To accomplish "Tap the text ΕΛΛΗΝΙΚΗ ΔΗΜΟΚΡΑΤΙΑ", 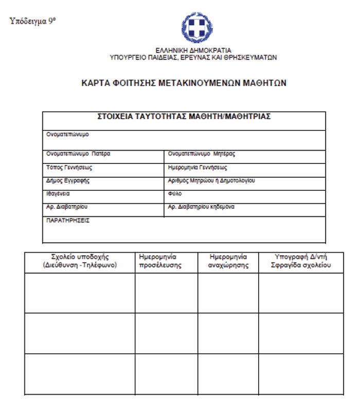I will pyautogui.click(x=193, y=50).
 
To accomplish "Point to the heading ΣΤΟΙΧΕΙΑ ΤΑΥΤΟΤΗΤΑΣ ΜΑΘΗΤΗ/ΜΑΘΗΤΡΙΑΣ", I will pyautogui.click(x=184, y=117).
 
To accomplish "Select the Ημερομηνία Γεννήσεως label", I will pyautogui.click(x=197, y=167).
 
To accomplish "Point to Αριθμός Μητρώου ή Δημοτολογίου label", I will pyautogui.click(x=211, y=180).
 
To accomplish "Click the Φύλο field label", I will pyautogui.click(x=175, y=194).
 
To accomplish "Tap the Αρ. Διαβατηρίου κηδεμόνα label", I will pyautogui.click(x=202, y=207).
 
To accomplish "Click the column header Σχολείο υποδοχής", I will pyautogui.click(x=80, y=261).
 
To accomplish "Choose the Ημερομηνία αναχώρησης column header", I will pyautogui.click(x=228, y=261).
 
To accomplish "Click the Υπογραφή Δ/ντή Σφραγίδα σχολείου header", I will pyautogui.click(x=301, y=261).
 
